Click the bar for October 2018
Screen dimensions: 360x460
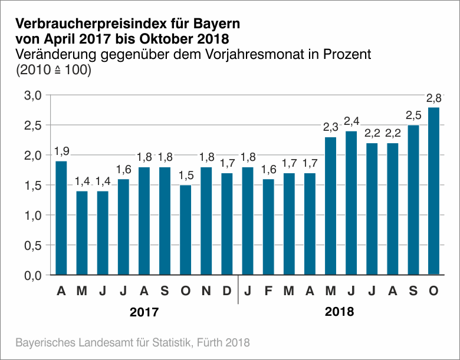(x=433, y=191)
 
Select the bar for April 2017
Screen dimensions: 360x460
(x=61, y=217)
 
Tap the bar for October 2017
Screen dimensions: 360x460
(x=185, y=230)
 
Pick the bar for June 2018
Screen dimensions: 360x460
(x=351, y=203)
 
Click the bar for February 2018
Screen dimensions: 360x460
(x=268, y=227)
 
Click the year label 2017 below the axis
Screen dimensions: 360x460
(x=144, y=312)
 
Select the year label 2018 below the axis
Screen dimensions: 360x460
(x=340, y=312)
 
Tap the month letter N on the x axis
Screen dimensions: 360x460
(x=206, y=291)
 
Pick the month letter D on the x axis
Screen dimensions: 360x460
(x=226, y=291)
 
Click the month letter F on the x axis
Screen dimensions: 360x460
(x=268, y=291)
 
